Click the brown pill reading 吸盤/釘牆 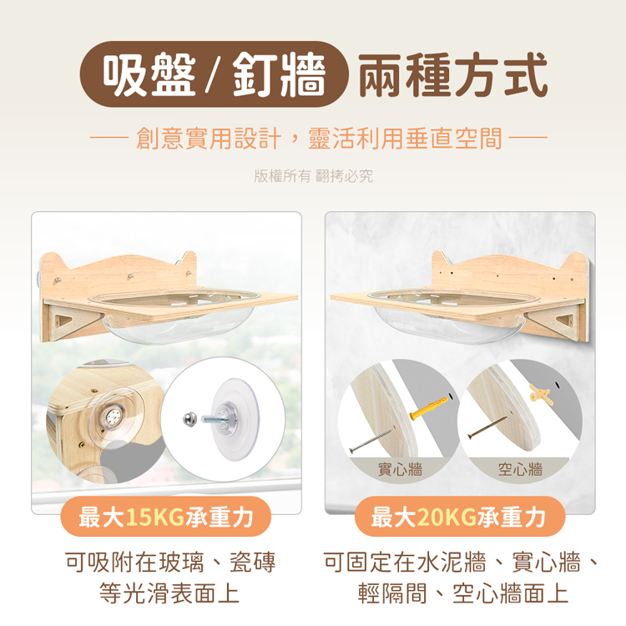pos(214,74)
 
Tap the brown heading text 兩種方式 pos(452,75)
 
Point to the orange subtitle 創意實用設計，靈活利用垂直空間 pos(319,138)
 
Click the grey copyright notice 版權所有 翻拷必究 pos(313,175)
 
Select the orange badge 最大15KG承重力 pos(166,517)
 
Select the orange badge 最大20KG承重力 pos(459,517)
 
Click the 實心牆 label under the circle pos(400,469)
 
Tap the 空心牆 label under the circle pos(520,469)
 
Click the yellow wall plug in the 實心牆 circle pos(430,407)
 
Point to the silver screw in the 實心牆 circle pos(371,440)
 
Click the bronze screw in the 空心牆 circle pos(487,427)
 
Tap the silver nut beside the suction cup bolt pos(189,419)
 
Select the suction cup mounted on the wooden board pos(112,417)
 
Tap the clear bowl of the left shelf pos(175,316)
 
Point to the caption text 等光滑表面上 pos(169,593)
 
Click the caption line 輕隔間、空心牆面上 pos(462,593)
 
